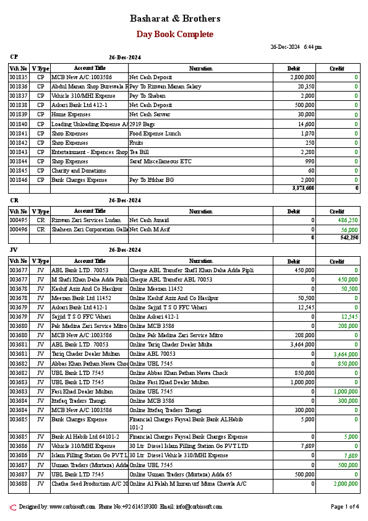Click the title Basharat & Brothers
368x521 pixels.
pyautogui.click(x=175, y=19)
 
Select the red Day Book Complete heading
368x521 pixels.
pyautogui.click(x=175, y=35)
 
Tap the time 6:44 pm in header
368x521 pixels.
pyautogui.click(x=312, y=47)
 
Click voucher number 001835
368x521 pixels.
pyautogui.click(x=19, y=77)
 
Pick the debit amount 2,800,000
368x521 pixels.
pyautogui.click(x=302, y=77)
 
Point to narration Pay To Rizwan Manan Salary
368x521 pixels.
pyautogui.click(x=165, y=87)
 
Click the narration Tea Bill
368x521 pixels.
pyautogui.click(x=139, y=152)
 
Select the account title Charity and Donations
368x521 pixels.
pyautogui.click(x=79, y=170)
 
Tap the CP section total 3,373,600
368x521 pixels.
pyautogui.click(x=302, y=187)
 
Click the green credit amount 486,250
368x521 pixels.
pyautogui.click(x=348, y=220)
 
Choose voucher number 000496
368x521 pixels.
pyautogui.click(x=19, y=230)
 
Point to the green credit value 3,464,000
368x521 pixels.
pyautogui.click(x=346, y=355)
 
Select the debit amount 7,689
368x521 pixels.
pyautogui.click(x=307, y=446)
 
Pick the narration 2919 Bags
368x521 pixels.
pyautogui.click(x=142, y=124)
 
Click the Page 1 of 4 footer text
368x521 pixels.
pyautogui.click(x=344, y=507)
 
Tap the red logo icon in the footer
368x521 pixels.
pyautogui.click(x=13, y=507)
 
